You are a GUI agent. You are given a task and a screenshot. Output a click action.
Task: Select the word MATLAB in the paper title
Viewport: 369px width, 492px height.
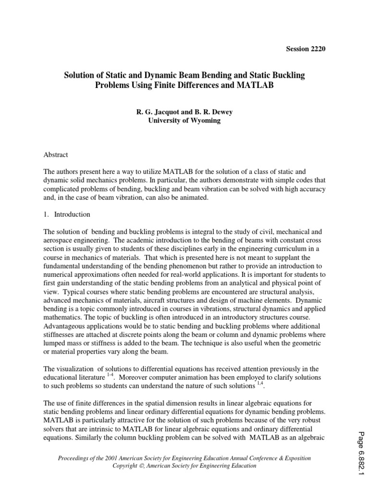click(x=251, y=86)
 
